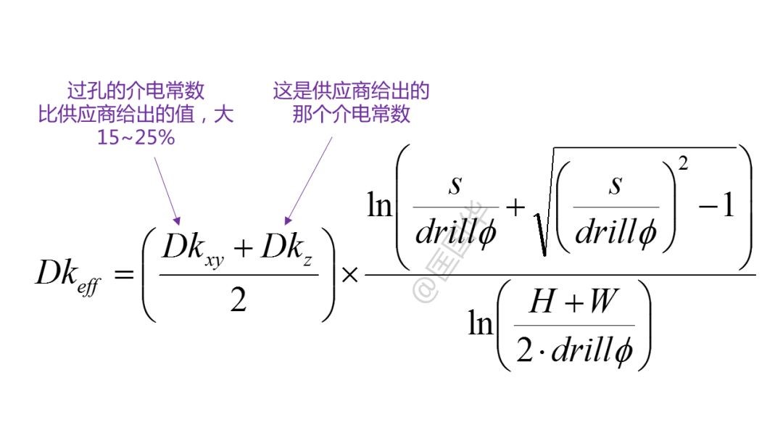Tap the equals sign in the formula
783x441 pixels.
click(124, 275)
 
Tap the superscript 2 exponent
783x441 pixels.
click(684, 165)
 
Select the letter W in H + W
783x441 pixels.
click(601, 302)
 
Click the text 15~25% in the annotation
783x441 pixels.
click(136, 137)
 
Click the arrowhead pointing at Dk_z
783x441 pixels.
click(289, 218)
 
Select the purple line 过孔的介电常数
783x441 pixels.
click(136, 91)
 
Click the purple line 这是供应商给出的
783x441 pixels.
click(351, 91)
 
